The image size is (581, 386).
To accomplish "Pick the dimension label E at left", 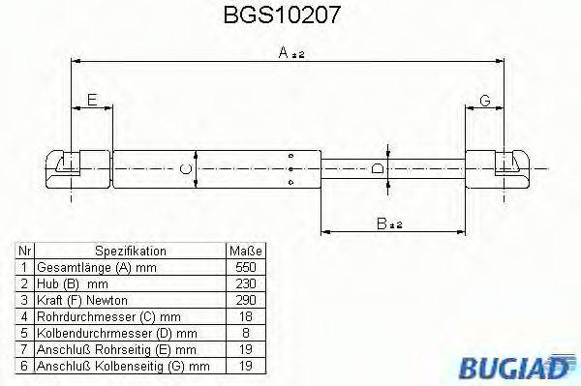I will tap(91, 101).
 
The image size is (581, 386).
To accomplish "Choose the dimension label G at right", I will tap(484, 101).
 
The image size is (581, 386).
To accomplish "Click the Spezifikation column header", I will tap(131, 250).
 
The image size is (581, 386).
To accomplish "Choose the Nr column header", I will tap(24, 250).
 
